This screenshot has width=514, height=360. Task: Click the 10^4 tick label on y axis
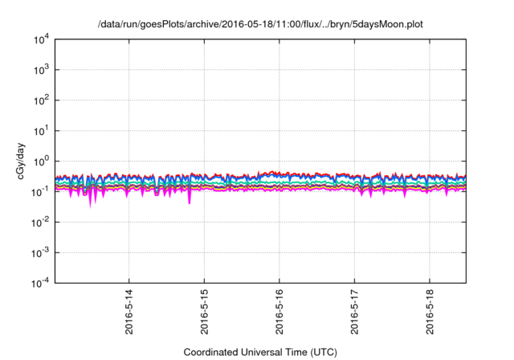coord(40,39)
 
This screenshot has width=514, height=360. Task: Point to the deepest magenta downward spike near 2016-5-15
coord(190,202)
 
